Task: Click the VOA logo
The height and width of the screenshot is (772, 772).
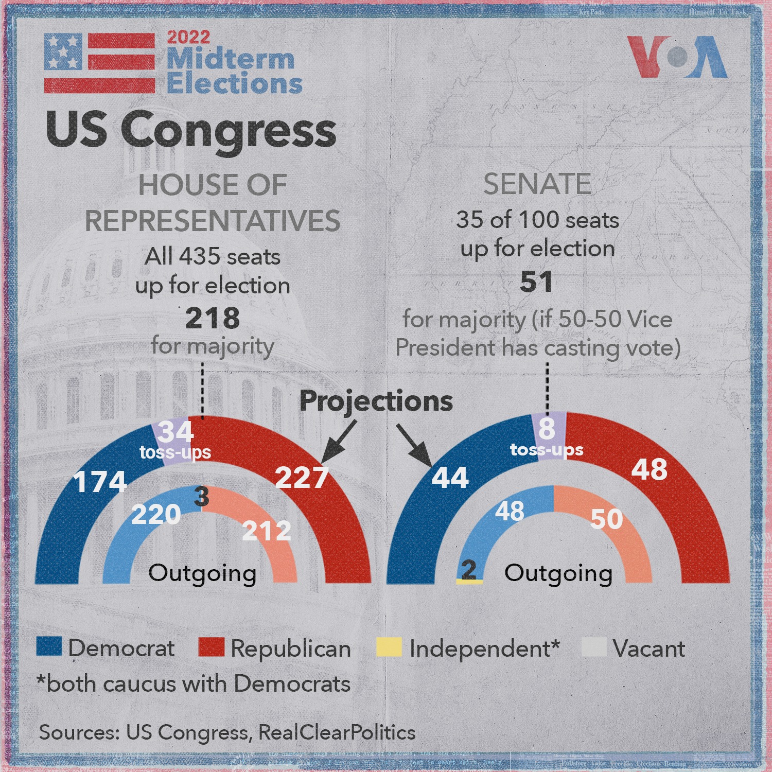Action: [x=677, y=57]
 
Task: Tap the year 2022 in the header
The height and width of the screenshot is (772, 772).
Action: [x=188, y=37]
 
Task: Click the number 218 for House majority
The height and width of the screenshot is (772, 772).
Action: [x=213, y=318]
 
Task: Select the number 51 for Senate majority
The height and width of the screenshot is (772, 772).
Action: [x=536, y=282]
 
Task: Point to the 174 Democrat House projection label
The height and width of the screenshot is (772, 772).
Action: [x=100, y=482]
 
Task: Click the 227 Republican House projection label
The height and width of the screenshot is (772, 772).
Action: [x=302, y=477]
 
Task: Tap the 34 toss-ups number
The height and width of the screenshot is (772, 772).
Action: [x=176, y=431]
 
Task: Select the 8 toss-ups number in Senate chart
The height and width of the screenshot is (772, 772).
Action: [x=547, y=428]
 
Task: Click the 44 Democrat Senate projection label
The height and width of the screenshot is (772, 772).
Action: [x=450, y=477]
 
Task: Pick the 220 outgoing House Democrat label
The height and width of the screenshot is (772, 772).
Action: [x=156, y=514]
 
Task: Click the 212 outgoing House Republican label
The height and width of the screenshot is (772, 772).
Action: [x=267, y=531]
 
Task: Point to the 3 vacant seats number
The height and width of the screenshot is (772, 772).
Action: [x=202, y=497]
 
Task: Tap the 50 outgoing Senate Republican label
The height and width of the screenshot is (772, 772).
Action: [x=607, y=519]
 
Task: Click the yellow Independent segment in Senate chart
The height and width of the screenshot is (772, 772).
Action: [x=469, y=581]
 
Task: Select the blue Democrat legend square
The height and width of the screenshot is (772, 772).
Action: [x=49, y=646]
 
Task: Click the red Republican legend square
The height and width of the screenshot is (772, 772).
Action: [x=212, y=647]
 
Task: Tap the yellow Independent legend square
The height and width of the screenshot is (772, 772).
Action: [x=389, y=647]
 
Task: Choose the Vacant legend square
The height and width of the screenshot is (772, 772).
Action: [x=594, y=647]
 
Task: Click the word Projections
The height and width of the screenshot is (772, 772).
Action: [x=376, y=401]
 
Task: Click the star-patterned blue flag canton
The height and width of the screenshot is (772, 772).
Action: [x=63, y=51]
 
